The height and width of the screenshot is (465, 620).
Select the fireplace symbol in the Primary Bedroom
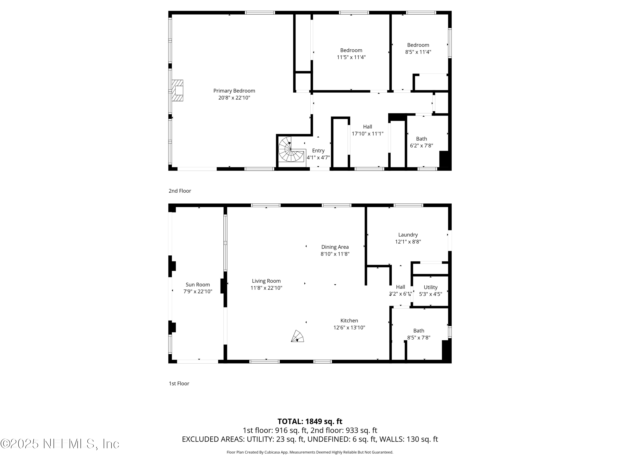point(177,91)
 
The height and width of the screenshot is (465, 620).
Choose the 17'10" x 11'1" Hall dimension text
point(367,134)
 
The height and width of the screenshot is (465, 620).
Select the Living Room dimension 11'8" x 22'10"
point(266,288)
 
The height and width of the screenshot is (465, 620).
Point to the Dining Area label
point(335,247)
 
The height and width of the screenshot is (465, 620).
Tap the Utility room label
point(430,287)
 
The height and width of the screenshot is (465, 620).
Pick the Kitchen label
point(349,321)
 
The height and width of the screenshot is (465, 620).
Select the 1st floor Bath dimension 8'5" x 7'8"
point(418,338)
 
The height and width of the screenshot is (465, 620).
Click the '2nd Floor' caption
point(180,191)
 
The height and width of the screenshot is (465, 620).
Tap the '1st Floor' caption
point(179,383)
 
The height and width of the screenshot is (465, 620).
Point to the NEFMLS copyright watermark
point(60,444)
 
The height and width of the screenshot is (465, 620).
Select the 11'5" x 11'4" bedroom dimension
point(351,57)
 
